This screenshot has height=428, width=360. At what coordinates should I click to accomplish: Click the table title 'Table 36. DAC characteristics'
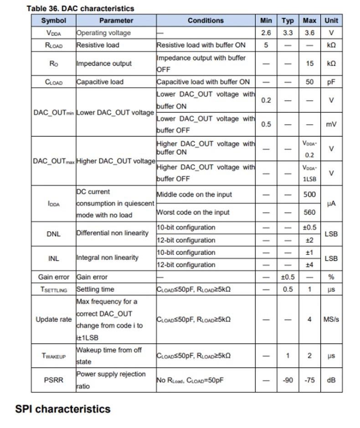(80, 8)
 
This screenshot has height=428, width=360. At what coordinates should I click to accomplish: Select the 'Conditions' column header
(206, 20)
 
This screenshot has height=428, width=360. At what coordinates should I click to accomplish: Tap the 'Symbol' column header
(53, 20)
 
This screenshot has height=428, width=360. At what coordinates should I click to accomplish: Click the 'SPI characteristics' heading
(63, 409)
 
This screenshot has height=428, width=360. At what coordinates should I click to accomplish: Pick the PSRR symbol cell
(53, 380)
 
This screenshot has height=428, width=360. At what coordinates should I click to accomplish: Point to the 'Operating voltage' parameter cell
(103, 33)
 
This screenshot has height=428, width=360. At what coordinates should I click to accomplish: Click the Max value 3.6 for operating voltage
(309, 33)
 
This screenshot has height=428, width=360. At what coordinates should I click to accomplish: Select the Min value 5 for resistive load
(266, 45)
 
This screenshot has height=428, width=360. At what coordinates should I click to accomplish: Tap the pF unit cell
(331, 82)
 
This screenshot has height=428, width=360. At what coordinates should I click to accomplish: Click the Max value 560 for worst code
(309, 212)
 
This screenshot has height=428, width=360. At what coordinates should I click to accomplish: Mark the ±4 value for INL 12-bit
(309, 265)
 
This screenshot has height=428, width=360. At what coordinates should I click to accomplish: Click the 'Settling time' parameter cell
(95, 289)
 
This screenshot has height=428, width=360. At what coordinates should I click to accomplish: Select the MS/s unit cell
(331, 319)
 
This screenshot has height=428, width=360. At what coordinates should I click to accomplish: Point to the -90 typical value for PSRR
(288, 380)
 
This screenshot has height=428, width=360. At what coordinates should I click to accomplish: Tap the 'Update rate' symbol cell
(53, 319)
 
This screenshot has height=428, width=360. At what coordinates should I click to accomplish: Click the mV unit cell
(331, 124)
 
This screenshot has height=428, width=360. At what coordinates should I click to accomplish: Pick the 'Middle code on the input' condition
(194, 194)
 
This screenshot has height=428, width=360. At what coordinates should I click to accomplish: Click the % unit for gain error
(331, 277)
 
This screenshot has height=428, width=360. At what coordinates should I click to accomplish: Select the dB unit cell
(331, 380)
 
